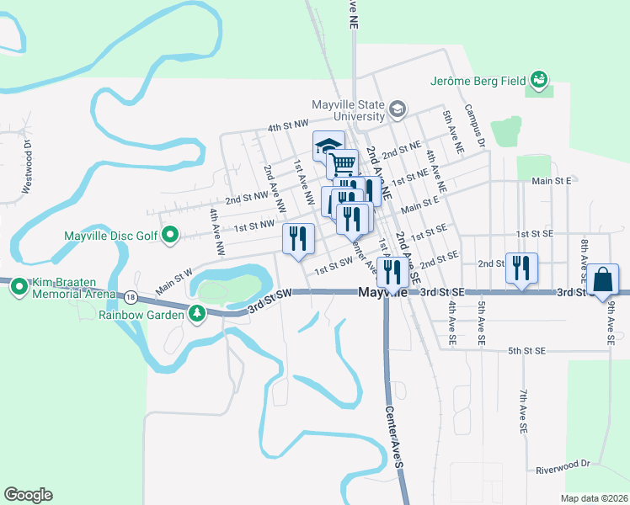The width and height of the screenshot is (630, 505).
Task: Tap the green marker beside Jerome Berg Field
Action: click(538, 80)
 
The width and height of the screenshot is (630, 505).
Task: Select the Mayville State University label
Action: click(347, 110)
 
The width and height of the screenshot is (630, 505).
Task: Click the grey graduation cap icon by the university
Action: click(396, 109)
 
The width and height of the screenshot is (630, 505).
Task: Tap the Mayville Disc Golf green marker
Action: click(170, 235)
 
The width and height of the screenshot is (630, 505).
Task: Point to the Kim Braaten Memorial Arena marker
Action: click(19, 289)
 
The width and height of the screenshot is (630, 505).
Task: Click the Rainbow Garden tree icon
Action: click(197, 314)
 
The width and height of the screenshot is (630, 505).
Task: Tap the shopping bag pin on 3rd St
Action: click(603, 281)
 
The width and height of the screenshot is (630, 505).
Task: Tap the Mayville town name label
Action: click(383, 293)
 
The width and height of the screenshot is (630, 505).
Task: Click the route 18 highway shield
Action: click(130, 296)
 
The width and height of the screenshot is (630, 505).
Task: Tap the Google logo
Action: click(28, 495)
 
